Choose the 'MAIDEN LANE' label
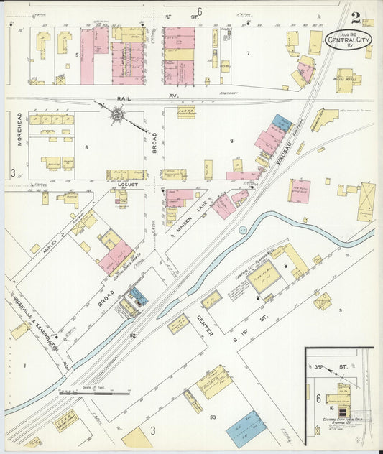(x=188, y=217)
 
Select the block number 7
(x=248, y=54)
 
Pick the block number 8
(x=231, y=141)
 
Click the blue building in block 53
(x=246, y=428)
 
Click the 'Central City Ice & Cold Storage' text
(x=338, y=424)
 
